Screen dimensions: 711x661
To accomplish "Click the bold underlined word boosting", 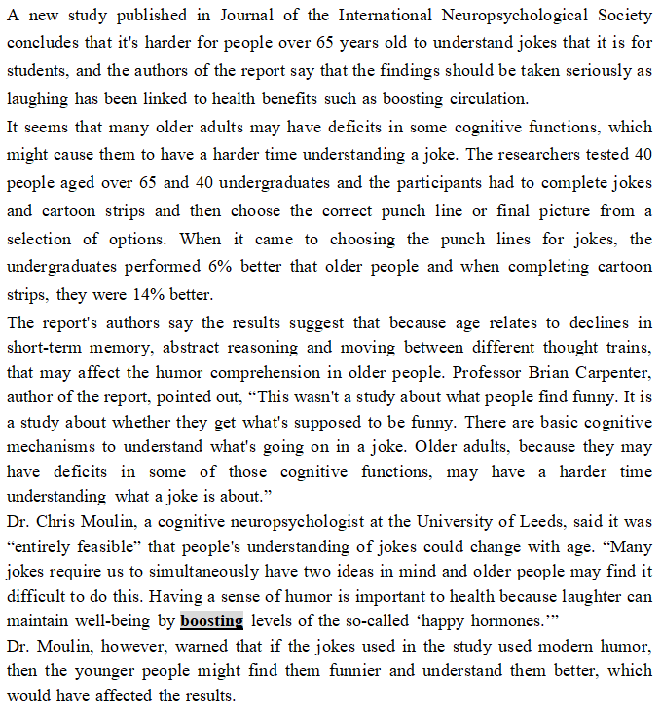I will tap(211, 619).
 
